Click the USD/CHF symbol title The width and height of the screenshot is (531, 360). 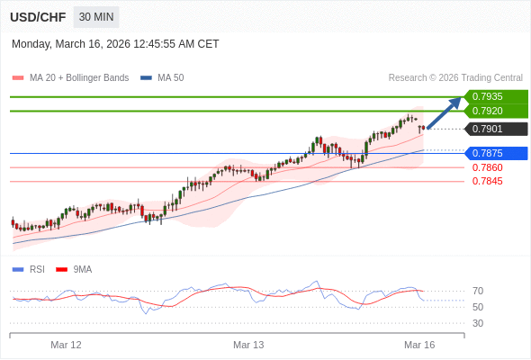[x=37, y=17]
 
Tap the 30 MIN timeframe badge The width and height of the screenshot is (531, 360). [x=95, y=17]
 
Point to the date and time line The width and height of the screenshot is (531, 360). [x=115, y=43]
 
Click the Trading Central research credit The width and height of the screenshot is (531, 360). [x=455, y=77]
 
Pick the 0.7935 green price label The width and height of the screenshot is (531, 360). [x=493, y=96]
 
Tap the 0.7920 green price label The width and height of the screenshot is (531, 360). [x=493, y=111]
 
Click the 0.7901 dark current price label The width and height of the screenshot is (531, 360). [x=493, y=129]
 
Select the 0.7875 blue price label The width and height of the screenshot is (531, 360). [x=493, y=153]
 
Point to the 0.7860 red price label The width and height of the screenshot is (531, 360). [x=487, y=167]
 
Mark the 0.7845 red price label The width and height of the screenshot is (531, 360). [x=487, y=181]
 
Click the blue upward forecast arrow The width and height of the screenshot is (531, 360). [x=444, y=112]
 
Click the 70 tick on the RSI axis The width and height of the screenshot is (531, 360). [x=478, y=291]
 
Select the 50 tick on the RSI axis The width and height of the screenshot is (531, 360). [x=478, y=307]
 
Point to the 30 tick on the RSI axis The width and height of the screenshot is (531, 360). [x=478, y=323]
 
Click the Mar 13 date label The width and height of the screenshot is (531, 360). [x=248, y=345]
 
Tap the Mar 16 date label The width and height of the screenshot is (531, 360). [x=419, y=345]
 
